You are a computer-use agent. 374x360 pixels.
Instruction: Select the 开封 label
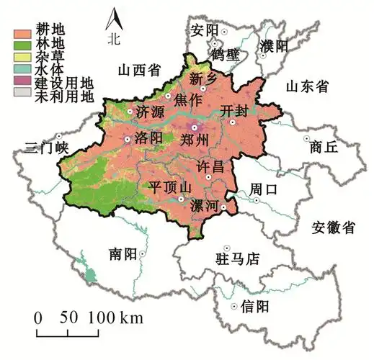pos(235,111)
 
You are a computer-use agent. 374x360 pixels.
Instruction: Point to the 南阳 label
pos(123,254)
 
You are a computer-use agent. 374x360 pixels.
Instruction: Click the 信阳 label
pos(254,306)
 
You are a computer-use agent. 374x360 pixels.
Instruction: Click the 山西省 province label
pos(138,69)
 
